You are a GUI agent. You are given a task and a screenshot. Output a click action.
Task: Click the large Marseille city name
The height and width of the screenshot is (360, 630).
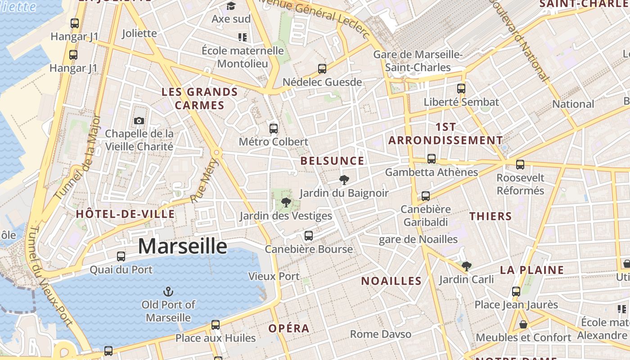point(182,246)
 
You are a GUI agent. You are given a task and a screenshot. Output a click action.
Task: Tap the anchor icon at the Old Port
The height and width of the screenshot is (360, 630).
point(168,292)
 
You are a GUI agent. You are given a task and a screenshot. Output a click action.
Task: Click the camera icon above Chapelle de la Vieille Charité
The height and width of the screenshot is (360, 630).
point(139,121)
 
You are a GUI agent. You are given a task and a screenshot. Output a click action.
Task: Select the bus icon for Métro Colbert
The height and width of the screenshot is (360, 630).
point(274,129)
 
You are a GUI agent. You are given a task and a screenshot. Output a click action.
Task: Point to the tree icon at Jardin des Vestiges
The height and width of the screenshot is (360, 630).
point(286,202)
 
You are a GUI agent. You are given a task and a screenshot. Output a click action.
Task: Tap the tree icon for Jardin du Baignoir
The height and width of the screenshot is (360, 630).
point(344,180)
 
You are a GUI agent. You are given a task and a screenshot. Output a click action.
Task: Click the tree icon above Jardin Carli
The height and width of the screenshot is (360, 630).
point(467,266)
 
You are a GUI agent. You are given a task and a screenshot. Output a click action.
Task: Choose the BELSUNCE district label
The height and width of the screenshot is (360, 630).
point(332,161)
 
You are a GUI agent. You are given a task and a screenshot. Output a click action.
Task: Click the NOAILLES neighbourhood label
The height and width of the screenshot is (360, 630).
point(391,281)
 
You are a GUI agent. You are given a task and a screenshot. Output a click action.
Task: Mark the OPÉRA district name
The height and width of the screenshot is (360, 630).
point(289,328)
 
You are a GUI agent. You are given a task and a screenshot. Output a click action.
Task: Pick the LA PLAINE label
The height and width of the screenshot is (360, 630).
point(532,270)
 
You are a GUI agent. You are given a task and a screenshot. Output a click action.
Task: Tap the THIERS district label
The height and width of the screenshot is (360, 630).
point(490,216)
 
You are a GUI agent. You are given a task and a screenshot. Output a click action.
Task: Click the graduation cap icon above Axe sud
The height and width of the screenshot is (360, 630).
point(231,6)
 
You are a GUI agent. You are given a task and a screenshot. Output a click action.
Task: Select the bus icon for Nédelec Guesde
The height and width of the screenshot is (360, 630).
point(322,69)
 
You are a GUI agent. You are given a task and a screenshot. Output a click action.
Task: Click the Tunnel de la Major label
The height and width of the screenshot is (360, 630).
point(78,157)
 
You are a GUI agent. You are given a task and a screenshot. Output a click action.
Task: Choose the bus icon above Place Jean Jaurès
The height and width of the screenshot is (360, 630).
point(516,292)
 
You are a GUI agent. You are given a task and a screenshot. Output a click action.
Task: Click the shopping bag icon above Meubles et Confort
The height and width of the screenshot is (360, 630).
point(523,324)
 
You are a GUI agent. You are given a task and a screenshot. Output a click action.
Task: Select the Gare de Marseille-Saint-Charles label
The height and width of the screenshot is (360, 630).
point(418,61)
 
